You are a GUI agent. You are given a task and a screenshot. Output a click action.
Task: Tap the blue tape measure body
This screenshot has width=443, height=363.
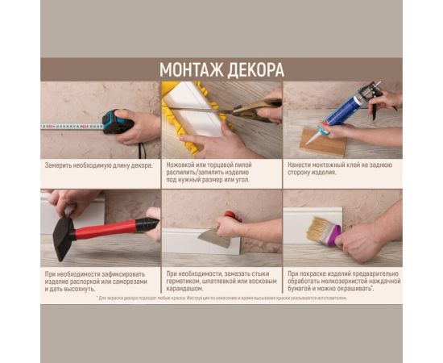(x=117, y=122)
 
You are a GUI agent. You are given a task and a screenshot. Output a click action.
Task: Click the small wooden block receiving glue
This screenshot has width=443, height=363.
(x=322, y=143)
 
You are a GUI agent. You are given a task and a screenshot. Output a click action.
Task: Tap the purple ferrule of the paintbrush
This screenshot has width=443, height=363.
(x=332, y=236)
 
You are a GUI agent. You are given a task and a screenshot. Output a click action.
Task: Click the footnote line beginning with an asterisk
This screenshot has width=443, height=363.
(x=221, y=298)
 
